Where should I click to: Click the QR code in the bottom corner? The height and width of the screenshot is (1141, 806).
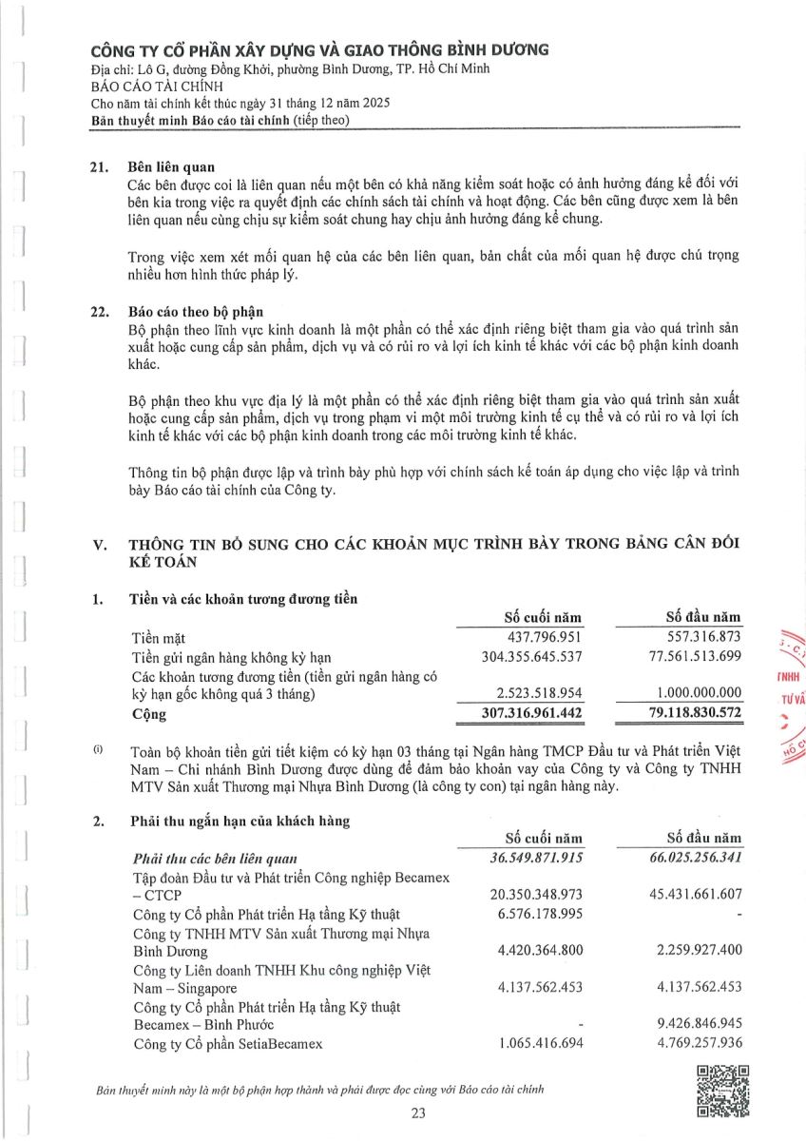coord(722,1092)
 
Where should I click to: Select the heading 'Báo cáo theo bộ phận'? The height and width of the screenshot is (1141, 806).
coord(196,311)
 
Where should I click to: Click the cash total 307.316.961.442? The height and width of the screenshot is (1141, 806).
coord(519,713)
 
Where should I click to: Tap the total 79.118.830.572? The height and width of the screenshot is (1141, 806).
coord(680,713)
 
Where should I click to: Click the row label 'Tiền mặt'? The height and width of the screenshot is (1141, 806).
coord(161,636)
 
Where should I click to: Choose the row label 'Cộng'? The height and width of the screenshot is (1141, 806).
coord(149,713)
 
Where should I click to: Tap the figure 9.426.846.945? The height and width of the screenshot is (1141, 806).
coord(692,1025)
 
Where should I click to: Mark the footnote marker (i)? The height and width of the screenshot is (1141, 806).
coord(98,750)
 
